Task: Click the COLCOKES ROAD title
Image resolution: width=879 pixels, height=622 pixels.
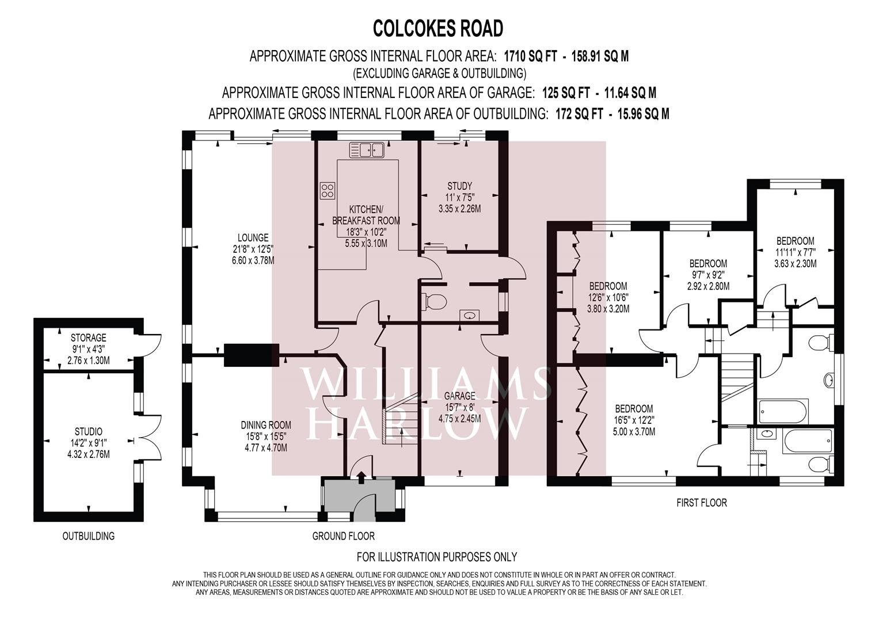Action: pyautogui.click(x=438, y=28)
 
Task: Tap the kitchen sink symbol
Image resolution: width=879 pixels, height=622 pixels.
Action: pyautogui.click(x=367, y=150)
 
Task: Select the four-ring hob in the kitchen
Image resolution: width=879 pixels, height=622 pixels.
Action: pyautogui.click(x=328, y=191)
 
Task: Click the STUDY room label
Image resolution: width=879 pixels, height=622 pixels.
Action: pyautogui.click(x=459, y=185)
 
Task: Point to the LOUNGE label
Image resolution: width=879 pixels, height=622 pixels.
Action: pyautogui.click(x=253, y=237)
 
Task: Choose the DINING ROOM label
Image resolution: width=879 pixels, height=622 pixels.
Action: pyautogui.click(x=266, y=425)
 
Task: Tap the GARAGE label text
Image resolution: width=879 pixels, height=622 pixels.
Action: pyautogui.click(x=459, y=396)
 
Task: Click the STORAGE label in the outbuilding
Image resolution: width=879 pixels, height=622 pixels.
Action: pyautogui.click(x=88, y=337)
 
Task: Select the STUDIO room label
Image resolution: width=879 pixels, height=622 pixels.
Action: pyautogui.click(x=88, y=431)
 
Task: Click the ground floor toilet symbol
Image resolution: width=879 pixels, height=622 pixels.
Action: pyautogui.click(x=434, y=301)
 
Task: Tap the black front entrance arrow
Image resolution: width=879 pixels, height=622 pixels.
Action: pyautogui.click(x=361, y=476)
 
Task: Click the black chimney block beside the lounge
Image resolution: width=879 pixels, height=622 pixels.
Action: pyautogui.click(x=252, y=355)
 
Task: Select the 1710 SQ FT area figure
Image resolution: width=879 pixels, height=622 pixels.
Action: pyautogui.click(x=530, y=56)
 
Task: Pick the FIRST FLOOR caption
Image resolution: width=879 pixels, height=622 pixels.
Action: pyautogui.click(x=702, y=503)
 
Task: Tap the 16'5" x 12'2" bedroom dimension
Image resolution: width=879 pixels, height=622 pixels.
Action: pyautogui.click(x=634, y=420)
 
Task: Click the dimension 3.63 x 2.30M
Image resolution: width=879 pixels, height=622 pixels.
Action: pyautogui.click(x=796, y=264)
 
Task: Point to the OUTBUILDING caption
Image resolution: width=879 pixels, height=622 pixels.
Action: pyautogui.click(x=89, y=536)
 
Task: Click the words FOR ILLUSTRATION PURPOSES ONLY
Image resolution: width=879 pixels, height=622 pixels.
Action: pyautogui.click(x=437, y=557)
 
